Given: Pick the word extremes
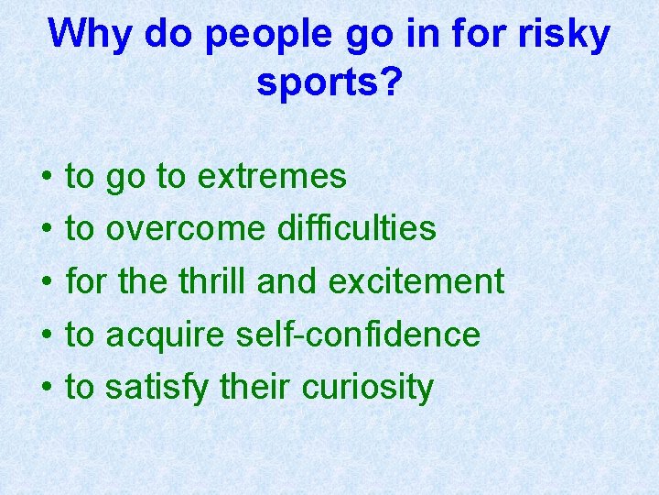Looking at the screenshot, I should click(272, 177).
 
